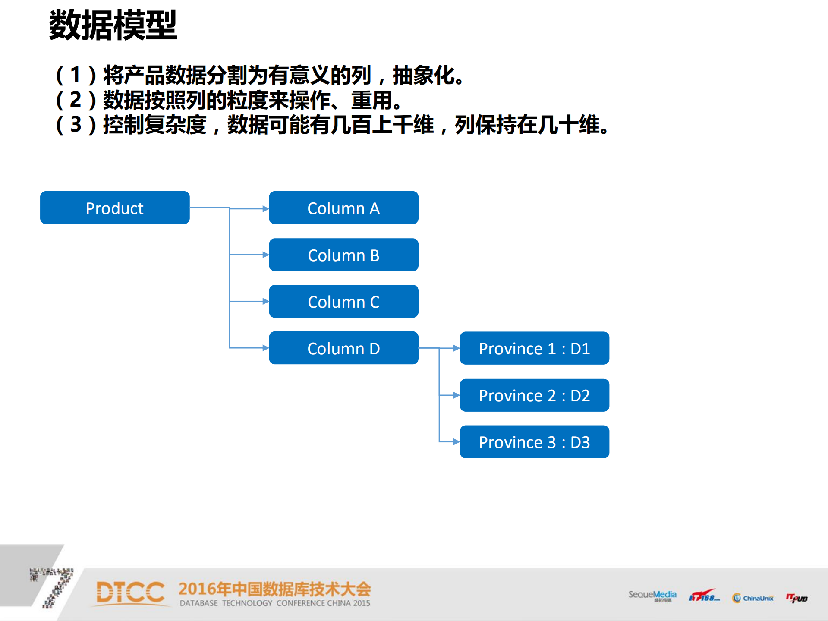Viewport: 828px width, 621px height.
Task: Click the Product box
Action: (x=115, y=208)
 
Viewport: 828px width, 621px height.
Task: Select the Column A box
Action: (x=343, y=208)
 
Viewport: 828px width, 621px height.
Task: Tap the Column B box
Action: (x=343, y=255)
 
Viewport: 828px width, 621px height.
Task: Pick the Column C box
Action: (x=343, y=301)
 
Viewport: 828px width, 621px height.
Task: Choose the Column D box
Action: (x=343, y=348)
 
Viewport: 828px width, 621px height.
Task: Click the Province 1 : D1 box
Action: (x=534, y=348)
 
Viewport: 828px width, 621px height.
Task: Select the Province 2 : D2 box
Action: (x=534, y=395)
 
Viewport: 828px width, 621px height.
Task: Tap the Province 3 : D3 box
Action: (x=534, y=441)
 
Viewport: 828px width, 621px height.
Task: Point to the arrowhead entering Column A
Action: (x=265, y=209)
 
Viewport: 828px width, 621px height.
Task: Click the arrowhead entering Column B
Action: (x=265, y=255)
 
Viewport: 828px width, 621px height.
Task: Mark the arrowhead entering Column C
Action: (x=265, y=301)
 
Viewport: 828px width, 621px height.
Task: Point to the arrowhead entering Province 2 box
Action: (x=456, y=395)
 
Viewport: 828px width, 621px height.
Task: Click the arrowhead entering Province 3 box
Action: (x=456, y=441)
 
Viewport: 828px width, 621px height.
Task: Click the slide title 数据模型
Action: (x=113, y=25)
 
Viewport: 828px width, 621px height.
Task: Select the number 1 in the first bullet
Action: (x=76, y=75)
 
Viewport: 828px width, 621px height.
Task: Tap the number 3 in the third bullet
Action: (x=76, y=125)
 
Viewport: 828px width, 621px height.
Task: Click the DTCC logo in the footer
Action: (x=130, y=592)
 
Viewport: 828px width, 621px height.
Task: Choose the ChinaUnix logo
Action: (x=753, y=598)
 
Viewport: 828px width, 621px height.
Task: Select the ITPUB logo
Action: (x=797, y=598)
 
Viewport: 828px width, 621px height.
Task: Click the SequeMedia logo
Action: (x=652, y=595)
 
